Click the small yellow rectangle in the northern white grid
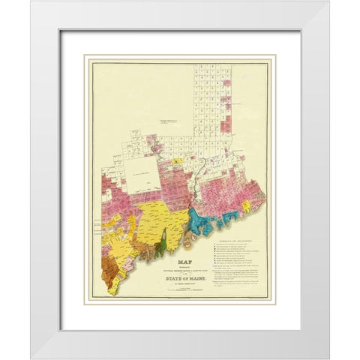pyautogui.click(x=175, y=160)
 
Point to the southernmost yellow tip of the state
pyautogui.click(x=113, y=289)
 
